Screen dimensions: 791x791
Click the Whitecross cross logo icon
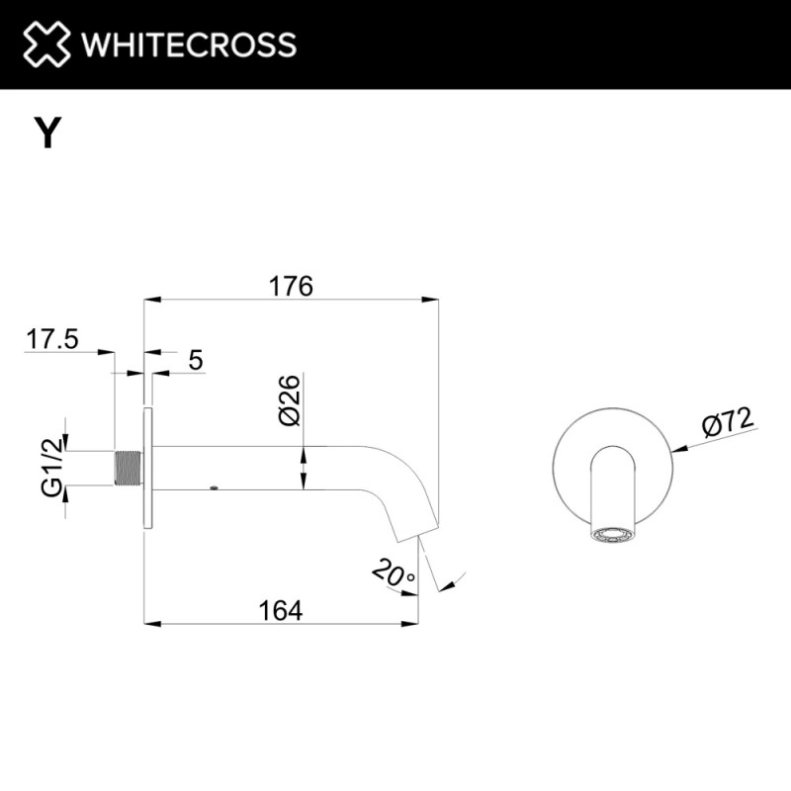46,44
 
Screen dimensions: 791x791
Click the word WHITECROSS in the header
189,44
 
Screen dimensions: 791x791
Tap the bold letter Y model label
47,132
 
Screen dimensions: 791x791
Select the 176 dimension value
291,286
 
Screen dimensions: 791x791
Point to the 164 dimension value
281,610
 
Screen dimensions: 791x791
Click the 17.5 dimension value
52,338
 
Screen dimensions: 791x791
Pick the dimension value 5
196,360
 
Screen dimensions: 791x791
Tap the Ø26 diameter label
289,400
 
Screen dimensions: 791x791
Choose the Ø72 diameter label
728,422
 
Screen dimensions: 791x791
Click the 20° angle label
394,572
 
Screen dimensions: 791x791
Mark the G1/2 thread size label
52,467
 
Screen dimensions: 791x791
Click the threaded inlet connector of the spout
129,468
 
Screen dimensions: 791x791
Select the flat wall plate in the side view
147,468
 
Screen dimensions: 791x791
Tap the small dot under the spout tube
214,487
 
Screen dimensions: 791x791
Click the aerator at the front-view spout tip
612,535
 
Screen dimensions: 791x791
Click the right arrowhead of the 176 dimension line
430,300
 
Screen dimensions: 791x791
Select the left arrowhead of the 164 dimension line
152,624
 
